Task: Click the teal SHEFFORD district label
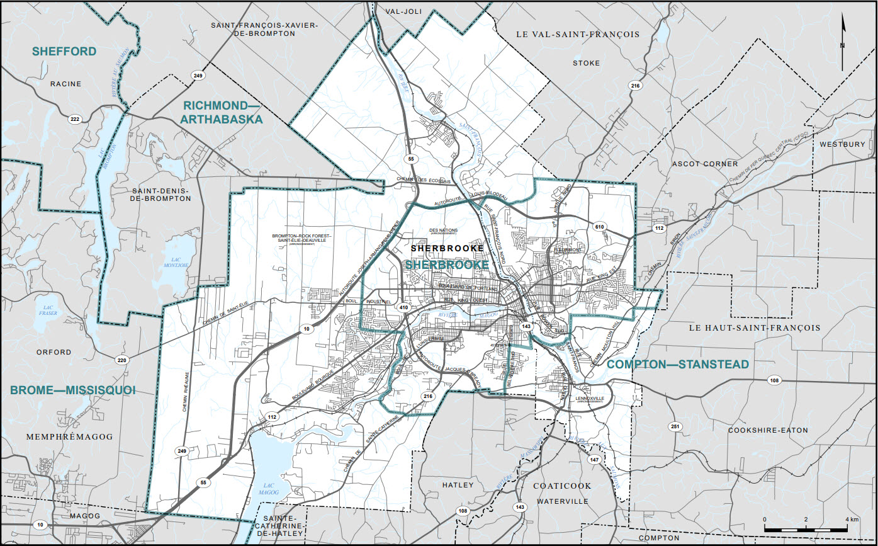pos(65,51)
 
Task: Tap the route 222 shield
pos(76,119)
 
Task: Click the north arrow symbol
pos(843,42)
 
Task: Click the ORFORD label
pos(53,352)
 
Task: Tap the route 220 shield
pos(122,360)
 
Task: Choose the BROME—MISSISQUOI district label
pos(73,390)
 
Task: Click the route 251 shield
pos(675,426)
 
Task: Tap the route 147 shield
pos(594,460)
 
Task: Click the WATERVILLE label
pos(562,501)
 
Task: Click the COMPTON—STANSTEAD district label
pos(678,365)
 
